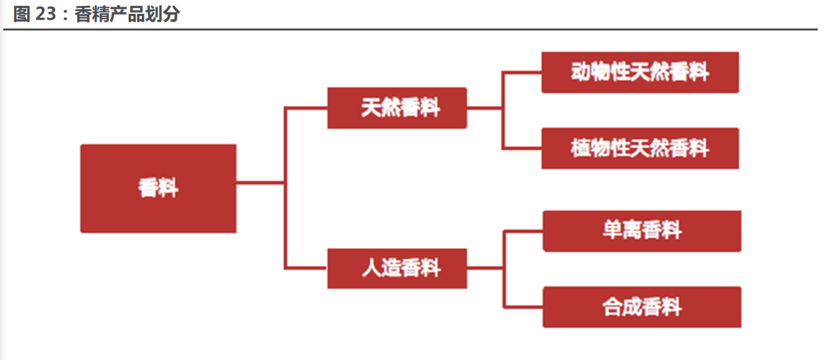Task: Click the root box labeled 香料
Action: pyautogui.click(x=158, y=188)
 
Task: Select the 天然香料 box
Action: pyautogui.click(x=397, y=107)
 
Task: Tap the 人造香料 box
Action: pyautogui.click(x=397, y=268)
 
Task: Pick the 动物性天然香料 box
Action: pyautogui.click(x=639, y=72)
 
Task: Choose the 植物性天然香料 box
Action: pyautogui.click(x=639, y=148)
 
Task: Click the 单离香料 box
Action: pyautogui.click(x=641, y=231)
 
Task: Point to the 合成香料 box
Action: pyautogui.click(x=641, y=307)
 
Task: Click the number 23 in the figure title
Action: pyautogui.click(x=46, y=15)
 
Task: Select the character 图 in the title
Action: pyautogui.click(x=22, y=15)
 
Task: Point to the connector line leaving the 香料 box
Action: pyautogui.click(x=260, y=182)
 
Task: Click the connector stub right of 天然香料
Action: pyautogui.click(x=484, y=108)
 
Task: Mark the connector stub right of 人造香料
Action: pyautogui.click(x=484, y=268)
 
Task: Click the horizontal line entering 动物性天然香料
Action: pyautogui.click(x=522, y=72)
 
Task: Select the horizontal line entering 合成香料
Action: pyautogui.click(x=523, y=307)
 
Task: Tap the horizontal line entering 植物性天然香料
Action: pyautogui.click(x=522, y=148)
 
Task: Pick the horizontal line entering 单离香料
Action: pyautogui.click(x=523, y=231)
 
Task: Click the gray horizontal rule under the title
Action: pyautogui.click(x=411, y=29)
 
